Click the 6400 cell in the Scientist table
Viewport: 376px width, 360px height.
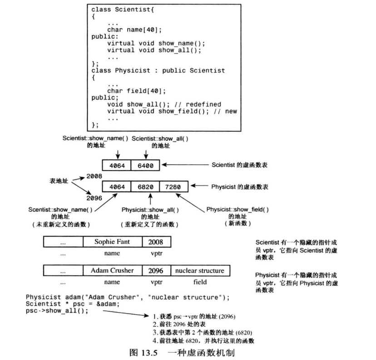pyautogui.click(x=146, y=165)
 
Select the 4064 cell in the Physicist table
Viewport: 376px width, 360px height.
pyautogui.click(x=117, y=186)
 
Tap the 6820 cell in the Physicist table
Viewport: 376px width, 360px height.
pyautogui.click(x=146, y=186)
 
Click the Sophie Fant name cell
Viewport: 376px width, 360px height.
pyautogui.click(x=112, y=242)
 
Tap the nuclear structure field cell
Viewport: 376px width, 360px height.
pyautogui.click(x=199, y=270)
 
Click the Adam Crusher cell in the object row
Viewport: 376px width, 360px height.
pyautogui.click(x=112, y=270)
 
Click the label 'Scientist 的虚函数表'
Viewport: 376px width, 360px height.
pyautogui.click(x=239, y=165)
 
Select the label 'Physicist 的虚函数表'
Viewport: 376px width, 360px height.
pyautogui.click(x=239, y=186)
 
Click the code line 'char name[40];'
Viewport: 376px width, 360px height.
pyautogui.click(x=134, y=30)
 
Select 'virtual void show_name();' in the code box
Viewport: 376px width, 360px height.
pyautogui.click(x=156, y=43)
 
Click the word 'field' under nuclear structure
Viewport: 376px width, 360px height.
pyautogui.click(x=200, y=282)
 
